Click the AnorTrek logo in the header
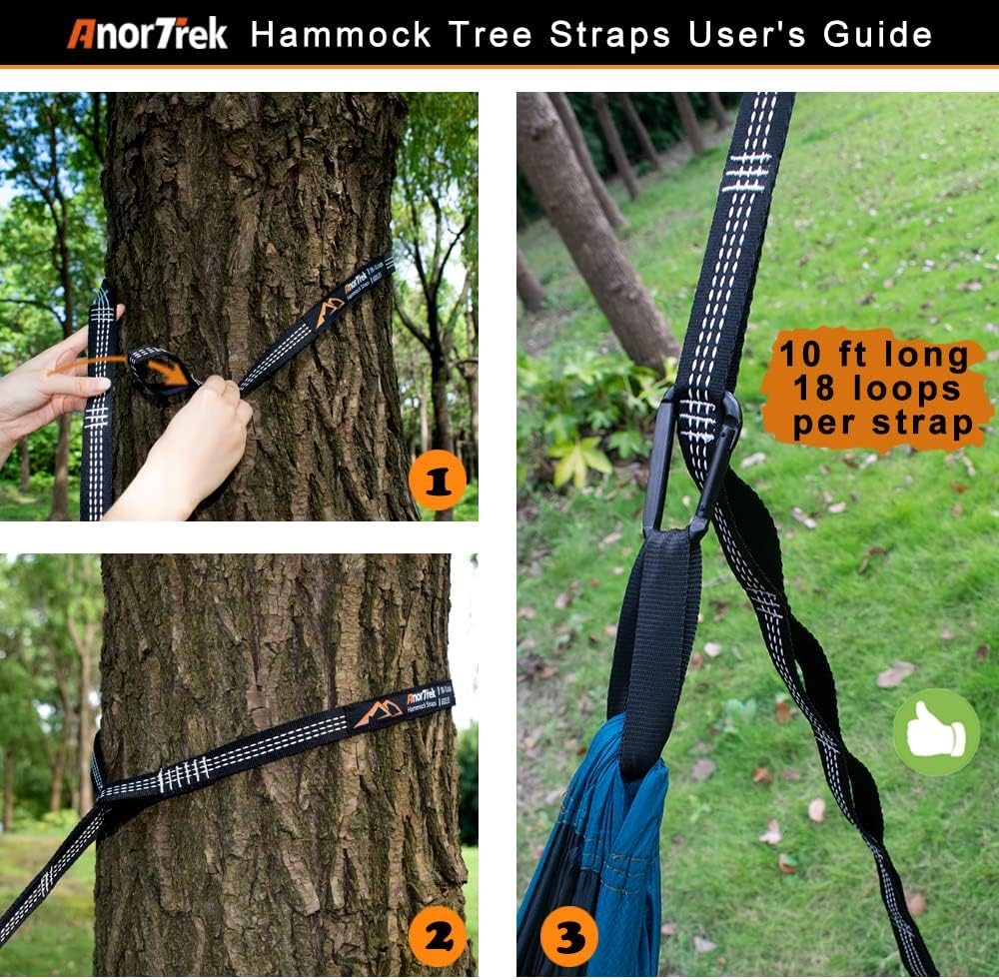148,33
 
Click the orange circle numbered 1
437,482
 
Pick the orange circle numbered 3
569,938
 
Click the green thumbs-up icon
935,732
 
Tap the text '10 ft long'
875,357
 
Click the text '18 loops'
875,390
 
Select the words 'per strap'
883,424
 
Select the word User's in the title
746,34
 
